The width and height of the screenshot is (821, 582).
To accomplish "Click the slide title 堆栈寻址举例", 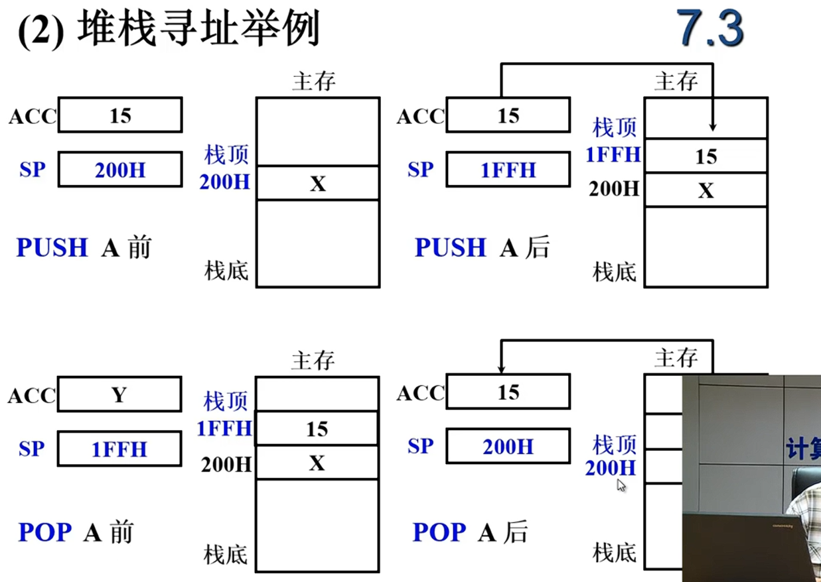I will (x=199, y=30).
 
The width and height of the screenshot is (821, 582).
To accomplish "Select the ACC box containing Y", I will (x=119, y=395).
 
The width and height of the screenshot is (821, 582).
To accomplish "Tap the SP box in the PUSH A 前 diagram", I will (x=119, y=170).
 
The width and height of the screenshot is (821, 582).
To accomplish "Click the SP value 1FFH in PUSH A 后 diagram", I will (x=508, y=170).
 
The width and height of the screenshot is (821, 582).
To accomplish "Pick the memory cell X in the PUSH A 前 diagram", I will (x=318, y=184).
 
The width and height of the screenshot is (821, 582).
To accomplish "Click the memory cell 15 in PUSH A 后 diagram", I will (x=706, y=156).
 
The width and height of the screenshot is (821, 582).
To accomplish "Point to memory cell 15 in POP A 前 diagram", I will (x=317, y=429).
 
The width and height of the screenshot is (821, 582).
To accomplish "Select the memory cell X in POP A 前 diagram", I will (x=317, y=463).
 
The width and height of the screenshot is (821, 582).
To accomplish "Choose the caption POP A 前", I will (x=76, y=532).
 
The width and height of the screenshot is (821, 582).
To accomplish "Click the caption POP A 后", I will (x=471, y=532).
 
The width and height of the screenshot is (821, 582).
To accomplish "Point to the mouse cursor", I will (x=621, y=485).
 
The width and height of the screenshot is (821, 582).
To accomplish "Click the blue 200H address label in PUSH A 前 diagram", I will (x=224, y=182).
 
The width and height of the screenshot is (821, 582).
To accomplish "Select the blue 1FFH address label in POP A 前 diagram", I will (x=224, y=429).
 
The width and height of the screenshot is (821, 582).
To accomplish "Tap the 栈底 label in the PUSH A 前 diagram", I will (x=226, y=270).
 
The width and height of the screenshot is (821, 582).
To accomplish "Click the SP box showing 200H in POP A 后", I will (x=508, y=446).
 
